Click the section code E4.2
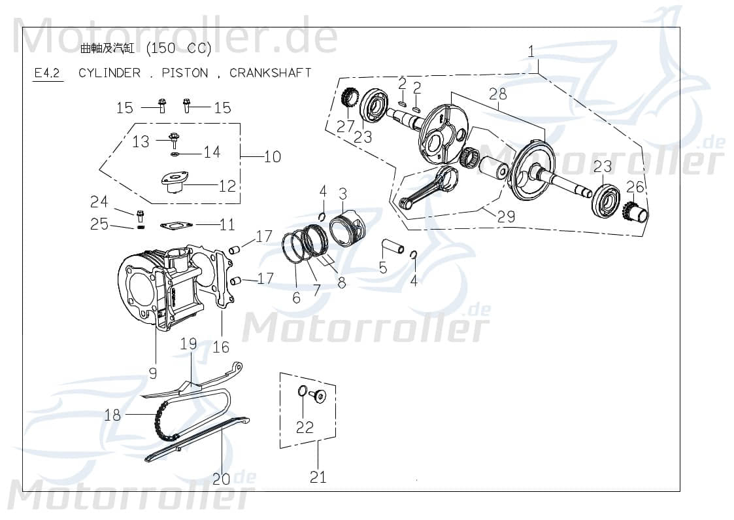tap(47, 73)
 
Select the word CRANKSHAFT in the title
tap(270, 73)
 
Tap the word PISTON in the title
tap(185, 73)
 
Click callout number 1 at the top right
tap(531, 50)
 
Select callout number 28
tap(497, 94)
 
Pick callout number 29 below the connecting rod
tap(506, 216)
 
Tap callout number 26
tap(635, 187)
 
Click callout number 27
tap(346, 126)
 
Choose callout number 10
tap(273, 156)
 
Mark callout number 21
tap(318, 477)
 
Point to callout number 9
tap(153, 373)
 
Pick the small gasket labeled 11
tap(175, 226)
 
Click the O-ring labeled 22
tap(303, 391)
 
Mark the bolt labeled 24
tap(139, 214)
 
